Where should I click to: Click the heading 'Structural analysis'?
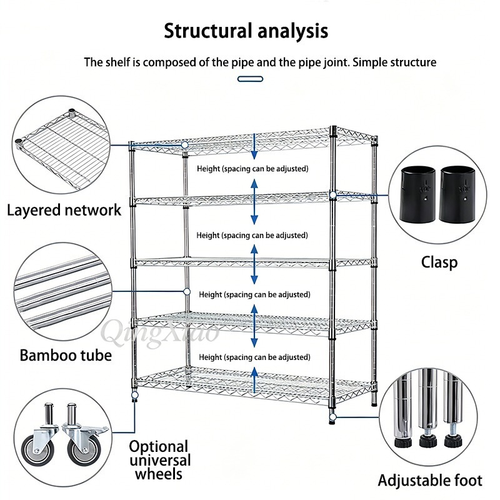pos(246,31)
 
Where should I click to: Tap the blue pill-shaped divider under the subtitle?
pos(251,79)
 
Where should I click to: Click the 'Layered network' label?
pos(64,211)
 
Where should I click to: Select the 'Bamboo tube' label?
pos(66,355)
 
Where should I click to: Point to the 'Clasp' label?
pos(439,262)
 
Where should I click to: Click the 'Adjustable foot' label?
pos(430,481)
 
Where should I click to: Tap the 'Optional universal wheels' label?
pos(160,461)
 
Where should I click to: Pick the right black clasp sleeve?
pos(457,194)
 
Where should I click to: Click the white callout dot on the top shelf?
pos(184,145)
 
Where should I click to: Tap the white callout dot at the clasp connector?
pos(333,194)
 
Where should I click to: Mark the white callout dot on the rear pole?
pos(187,291)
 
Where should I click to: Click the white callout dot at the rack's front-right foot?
pos(332,417)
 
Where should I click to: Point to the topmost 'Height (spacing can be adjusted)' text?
pos(252,169)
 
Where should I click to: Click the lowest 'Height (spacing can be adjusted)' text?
pos(254,357)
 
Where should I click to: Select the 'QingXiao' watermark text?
pos(160,332)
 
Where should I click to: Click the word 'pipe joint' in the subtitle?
pos(324,62)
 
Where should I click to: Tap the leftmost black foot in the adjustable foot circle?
pos(402,442)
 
